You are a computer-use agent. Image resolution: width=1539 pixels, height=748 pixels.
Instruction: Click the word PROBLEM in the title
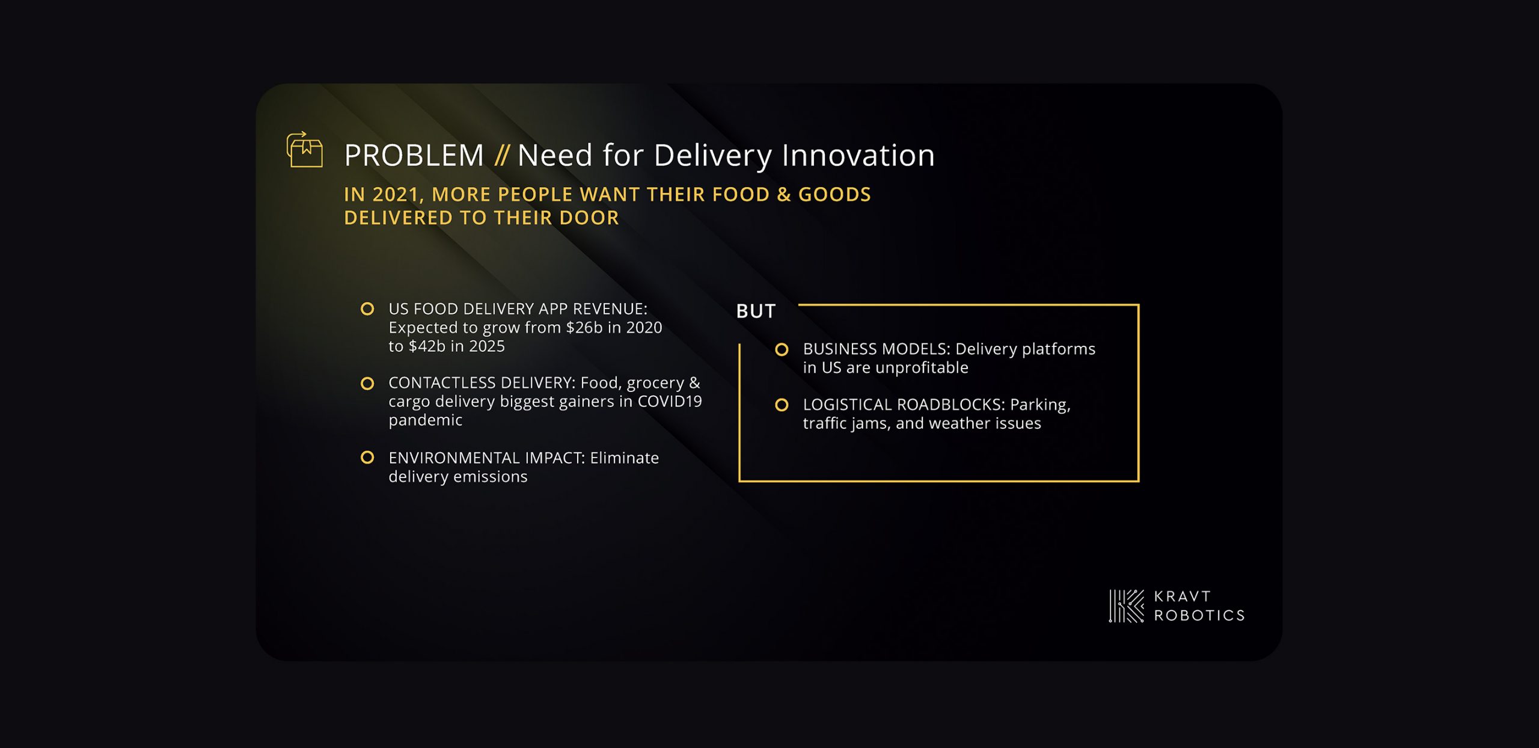pos(414,156)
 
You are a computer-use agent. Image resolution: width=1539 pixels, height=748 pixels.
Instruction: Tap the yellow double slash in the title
pos(501,156)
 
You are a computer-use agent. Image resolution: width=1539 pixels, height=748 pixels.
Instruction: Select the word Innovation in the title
pos(858,155)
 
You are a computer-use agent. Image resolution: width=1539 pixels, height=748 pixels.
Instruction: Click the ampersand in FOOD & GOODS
pos(783,195)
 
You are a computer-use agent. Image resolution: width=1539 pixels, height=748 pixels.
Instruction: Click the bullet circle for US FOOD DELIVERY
pos(367,309)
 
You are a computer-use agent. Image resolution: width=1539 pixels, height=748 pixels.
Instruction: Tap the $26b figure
pos(584,328)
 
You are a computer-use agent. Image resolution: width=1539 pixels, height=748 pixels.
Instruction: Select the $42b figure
pos(427,346)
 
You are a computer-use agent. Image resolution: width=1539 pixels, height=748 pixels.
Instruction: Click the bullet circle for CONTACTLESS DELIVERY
pos(367,384)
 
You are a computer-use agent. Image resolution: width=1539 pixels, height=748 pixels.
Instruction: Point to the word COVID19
pos(670,402)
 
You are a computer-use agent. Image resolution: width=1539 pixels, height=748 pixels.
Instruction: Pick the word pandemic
pos(426,421)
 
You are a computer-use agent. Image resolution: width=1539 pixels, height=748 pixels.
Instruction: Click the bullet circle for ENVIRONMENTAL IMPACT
pos(367,458)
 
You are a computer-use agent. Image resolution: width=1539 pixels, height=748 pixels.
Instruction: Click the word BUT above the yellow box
pos(756,311)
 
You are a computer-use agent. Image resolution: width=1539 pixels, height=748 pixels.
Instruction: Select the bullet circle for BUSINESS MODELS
pos(782,349)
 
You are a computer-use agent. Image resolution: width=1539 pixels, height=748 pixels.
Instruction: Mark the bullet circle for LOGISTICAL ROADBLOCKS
pos(782,405)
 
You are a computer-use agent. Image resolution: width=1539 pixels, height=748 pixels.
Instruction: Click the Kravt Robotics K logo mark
pos(1127,606)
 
